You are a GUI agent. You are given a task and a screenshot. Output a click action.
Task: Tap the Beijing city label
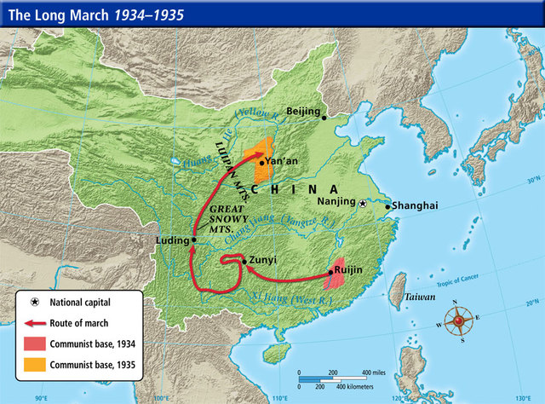303,112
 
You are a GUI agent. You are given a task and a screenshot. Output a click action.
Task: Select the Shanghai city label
415,205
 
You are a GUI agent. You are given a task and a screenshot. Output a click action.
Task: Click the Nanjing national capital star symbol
364,204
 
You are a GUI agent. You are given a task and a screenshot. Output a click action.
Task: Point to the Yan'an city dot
261,159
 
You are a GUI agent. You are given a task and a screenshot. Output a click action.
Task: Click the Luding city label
172,241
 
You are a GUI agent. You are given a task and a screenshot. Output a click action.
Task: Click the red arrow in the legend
34,323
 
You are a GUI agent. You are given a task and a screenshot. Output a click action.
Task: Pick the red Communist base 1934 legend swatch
34,344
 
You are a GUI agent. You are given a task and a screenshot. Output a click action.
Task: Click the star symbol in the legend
34,302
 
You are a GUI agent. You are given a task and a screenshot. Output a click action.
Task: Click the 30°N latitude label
533,181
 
